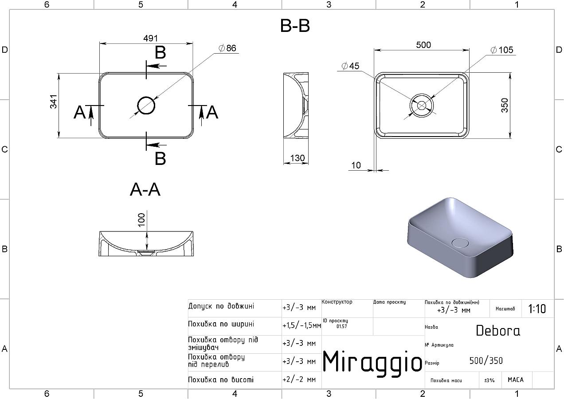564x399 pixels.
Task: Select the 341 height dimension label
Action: (54, 102)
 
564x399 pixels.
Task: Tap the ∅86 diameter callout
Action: (228, 48)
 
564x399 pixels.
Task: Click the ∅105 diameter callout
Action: (502, 50)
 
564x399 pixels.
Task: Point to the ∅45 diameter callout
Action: (350, 66)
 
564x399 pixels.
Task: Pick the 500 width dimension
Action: (423, 45)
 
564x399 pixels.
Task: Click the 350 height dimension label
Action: (505, 105)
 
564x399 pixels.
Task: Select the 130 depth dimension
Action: (297, 158)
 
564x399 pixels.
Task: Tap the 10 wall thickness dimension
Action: (356, 165)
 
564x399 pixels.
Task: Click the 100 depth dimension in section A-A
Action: (141, 220)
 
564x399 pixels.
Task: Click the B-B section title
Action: (295, 26)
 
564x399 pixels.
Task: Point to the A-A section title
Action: (145, 190)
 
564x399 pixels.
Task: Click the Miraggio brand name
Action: (372, 361)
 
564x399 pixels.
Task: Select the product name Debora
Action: (498, 331)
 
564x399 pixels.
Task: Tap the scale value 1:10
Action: (537, 309)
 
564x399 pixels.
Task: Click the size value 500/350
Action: (486, 361)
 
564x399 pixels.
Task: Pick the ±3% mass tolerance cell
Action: (490, 380)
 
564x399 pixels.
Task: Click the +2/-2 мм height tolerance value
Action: (299, 380)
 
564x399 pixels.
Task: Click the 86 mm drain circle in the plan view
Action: (146, 106)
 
